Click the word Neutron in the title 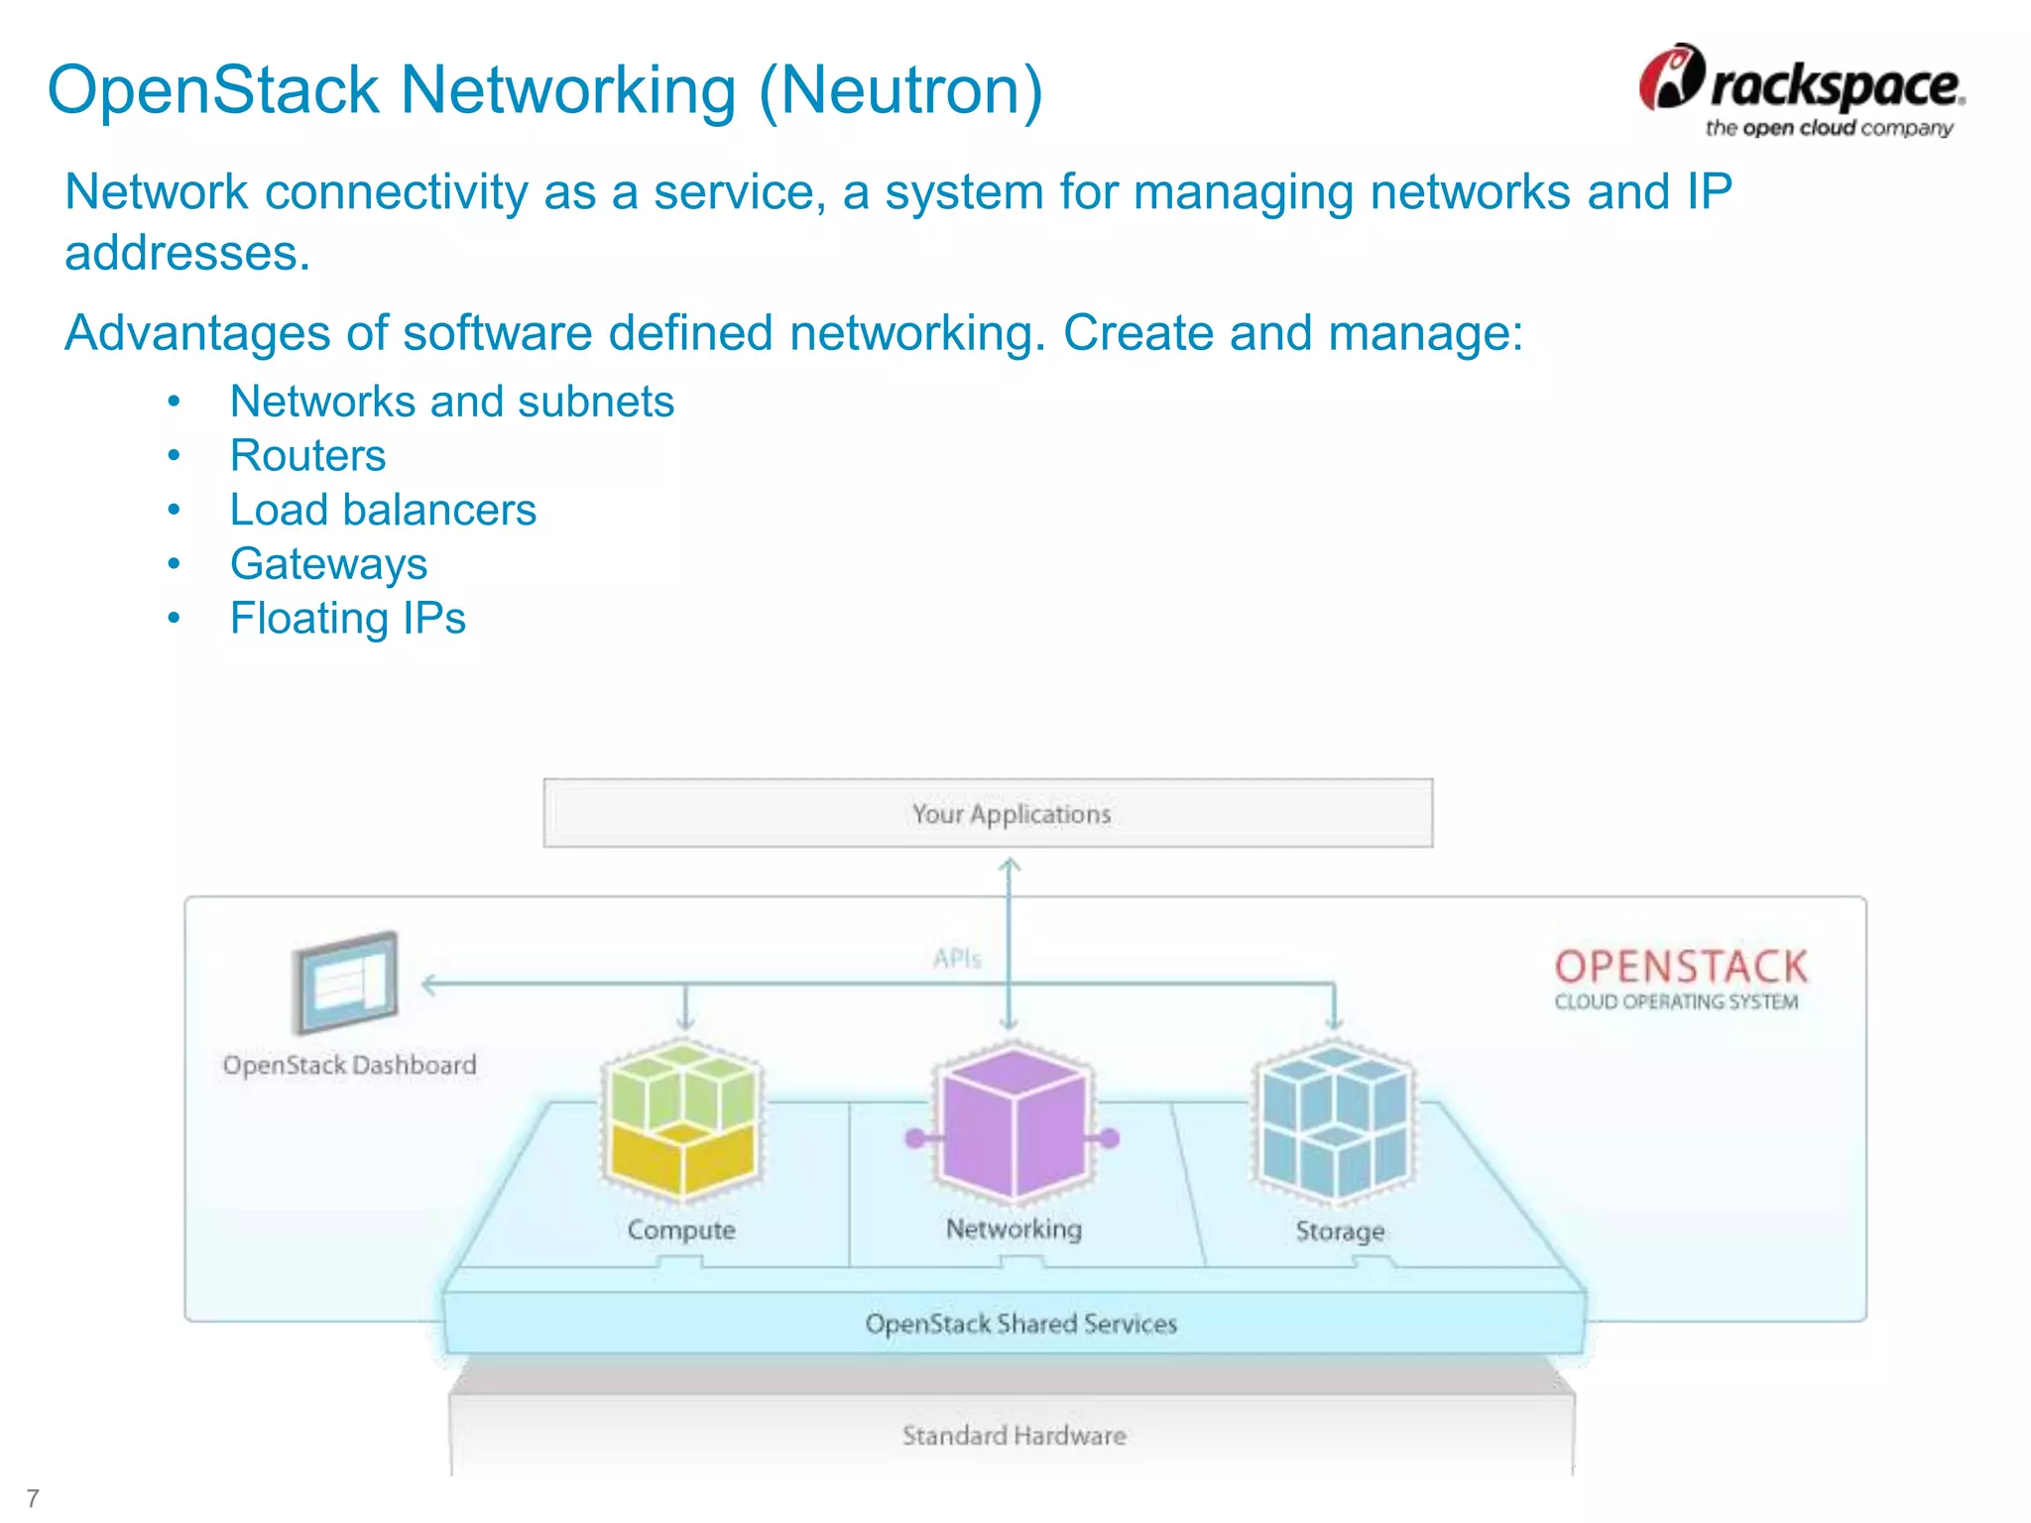point(900,91)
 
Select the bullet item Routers point(307,456)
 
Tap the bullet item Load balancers point(383,511)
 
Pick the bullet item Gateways point(328,564)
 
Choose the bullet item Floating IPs point(347,619)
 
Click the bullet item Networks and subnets point(451,402)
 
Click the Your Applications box point(988,813)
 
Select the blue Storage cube point(1335,1120)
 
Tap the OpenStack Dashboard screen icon point(345,983)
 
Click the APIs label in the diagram point(956,959)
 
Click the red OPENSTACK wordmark point(1681,967)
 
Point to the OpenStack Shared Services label point(1020,1324)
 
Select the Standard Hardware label point(1014,1436)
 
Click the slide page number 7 point(33,1498)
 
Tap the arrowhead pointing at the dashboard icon point(429,985)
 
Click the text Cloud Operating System point(1676,1002)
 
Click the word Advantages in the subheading point(197,333)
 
